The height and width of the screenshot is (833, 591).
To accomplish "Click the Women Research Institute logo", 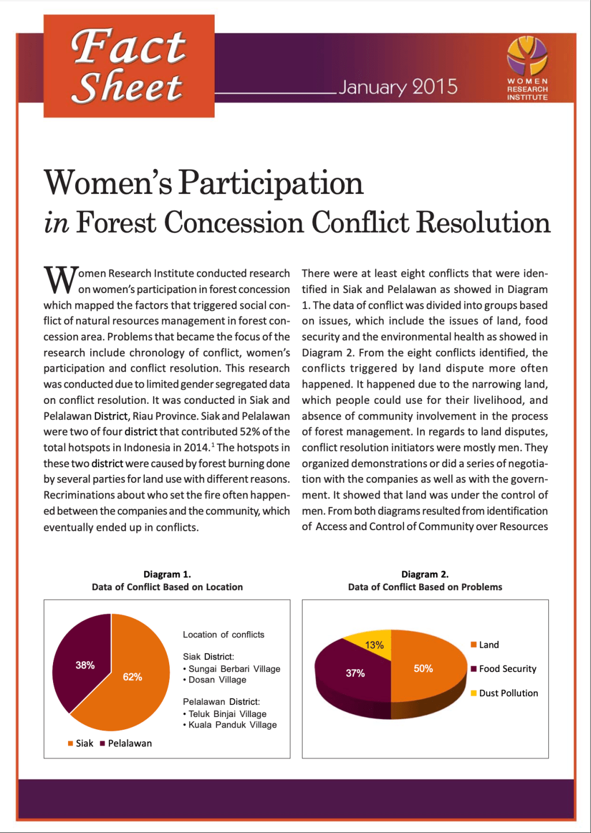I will click(x=527, y=68).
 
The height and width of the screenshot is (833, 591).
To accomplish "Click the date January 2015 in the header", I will click(x=398, y=87).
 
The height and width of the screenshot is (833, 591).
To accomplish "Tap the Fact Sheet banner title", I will click(x=129, y=66).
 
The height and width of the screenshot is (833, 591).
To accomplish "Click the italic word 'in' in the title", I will click(x=56, y=223).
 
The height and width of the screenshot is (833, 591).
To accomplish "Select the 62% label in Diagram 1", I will click(x=132, y=677).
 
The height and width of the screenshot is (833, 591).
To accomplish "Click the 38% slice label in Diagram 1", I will click(x=85, y=665).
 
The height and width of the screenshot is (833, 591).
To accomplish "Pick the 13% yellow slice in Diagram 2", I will click(x=375, y=645).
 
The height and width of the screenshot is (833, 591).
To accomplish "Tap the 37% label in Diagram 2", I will click(x=355, y=673).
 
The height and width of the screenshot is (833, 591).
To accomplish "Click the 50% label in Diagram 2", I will click(x=423, y=668).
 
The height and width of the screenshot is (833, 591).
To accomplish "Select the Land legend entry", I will click(x=485, y=645).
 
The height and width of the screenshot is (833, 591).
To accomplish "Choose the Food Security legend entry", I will click(x=503, y=669).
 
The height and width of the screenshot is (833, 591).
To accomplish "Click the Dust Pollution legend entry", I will click(x=504, y=693).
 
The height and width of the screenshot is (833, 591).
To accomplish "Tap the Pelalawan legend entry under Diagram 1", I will click(x=126, y=743).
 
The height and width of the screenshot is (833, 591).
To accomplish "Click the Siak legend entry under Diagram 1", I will click(x=81, y=743).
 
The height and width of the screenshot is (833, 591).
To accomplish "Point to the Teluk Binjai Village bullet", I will click(x=225, y=714).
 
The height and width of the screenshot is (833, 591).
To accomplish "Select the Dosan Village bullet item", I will click(x=215, y=680).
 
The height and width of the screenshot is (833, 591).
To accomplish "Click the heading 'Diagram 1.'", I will click(x=167, y=574).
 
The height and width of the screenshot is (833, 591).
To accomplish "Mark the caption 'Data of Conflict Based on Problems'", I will click(x=425, y=587).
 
